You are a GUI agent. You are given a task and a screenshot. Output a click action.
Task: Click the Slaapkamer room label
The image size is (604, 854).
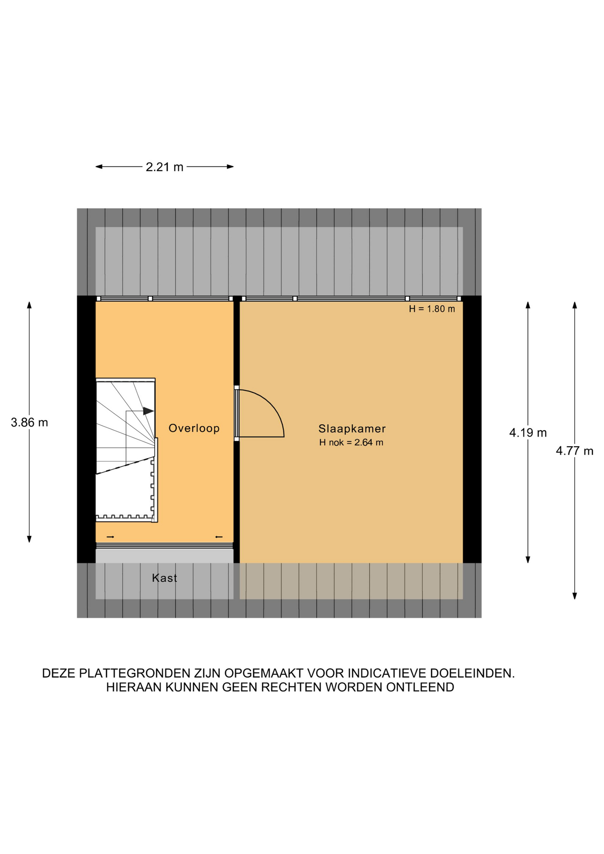(x=352, y=428)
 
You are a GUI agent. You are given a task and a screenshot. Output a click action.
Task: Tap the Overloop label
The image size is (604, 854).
(x=194, y=428)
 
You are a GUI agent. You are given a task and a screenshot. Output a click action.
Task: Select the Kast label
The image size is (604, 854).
(x=165, y=578)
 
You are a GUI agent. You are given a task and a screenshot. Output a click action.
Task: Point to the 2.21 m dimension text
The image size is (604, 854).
(x=165, y=167)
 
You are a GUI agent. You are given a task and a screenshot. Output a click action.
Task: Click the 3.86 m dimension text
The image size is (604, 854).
(x=29, y=422)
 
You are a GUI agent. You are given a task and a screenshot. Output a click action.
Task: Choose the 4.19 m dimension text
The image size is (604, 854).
(x=528, y=432)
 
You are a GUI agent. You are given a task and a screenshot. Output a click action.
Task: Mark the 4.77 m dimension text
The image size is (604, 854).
(x=575, y=451)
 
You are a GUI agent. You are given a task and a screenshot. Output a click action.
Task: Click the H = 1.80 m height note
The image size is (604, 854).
(x=432, y=309)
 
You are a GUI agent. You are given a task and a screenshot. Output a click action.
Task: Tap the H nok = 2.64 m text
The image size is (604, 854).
(x=351, y=442)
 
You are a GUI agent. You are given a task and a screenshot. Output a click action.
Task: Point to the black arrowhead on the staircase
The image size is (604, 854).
(x=148, y=411)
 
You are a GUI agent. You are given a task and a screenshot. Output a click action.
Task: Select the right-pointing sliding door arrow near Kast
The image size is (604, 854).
(x=110, y=537)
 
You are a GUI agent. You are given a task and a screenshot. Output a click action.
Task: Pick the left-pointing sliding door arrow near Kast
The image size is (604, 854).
(x=219, y=537)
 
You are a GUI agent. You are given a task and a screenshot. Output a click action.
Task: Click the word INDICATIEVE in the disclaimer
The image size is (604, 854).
(x=390, y=673)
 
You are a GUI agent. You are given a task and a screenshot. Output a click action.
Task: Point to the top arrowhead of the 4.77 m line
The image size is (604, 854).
(x=575, y=305)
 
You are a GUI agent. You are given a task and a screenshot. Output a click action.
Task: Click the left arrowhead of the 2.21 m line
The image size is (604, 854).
(x=99, y=167)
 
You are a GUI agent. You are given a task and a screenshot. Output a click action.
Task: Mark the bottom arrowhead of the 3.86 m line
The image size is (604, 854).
(x=29, y=539)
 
